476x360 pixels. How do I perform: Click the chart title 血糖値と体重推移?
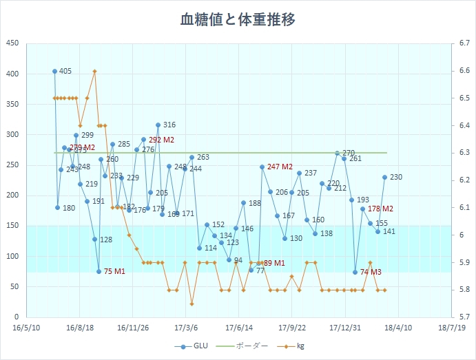238,20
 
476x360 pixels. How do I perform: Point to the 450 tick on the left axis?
12,43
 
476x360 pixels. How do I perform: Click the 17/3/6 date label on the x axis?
186,328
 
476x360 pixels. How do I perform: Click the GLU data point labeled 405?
55,71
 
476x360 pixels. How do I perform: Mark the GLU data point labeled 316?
158,125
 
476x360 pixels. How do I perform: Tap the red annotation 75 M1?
114,272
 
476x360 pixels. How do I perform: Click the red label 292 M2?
161,140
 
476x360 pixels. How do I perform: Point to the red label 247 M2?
280,167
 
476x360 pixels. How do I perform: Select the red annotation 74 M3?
371,272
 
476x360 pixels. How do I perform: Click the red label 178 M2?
380,209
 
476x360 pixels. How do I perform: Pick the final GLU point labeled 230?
385,177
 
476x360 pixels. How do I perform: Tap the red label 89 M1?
273,263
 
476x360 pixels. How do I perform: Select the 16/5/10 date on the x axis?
26,328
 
